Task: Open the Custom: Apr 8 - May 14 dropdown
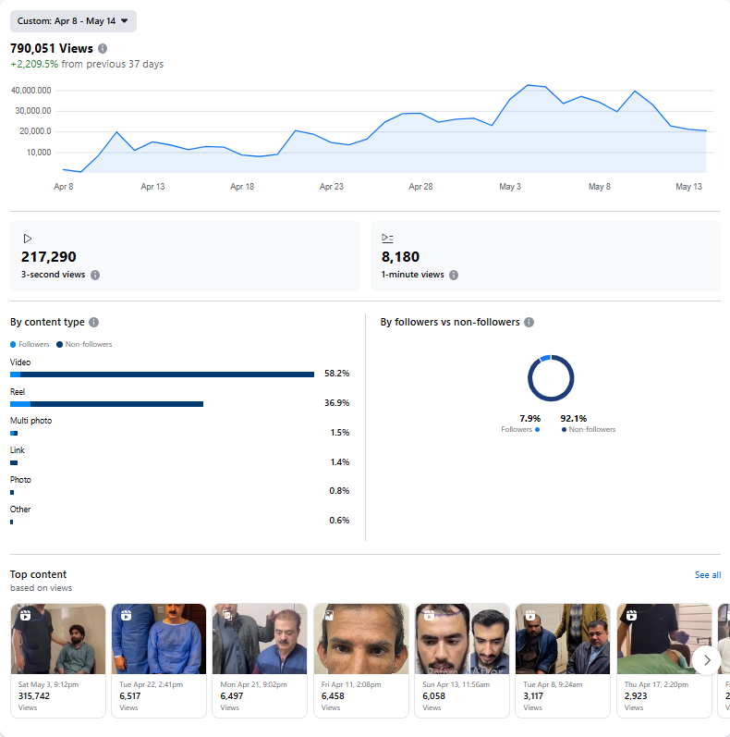pos(73,20)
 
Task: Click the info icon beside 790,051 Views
pos(103,48)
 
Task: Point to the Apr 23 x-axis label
pos(332,187)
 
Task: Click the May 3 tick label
pos(510,187)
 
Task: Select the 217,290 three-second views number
pos(49,257)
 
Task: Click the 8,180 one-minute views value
pos(400,257)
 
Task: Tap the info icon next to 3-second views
pos(95,275)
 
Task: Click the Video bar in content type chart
pos(166,375)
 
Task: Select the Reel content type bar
pos(111,404)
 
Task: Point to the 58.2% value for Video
pos(337,374)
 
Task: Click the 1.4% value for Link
pos(339,462)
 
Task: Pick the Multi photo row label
pos(30,421)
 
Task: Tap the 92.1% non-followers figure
pos(573,418)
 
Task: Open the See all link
pos(708,575)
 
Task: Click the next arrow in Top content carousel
pos(707,660)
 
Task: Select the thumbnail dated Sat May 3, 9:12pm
pos(56,639)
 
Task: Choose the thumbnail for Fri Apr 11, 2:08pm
pos(360,639)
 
